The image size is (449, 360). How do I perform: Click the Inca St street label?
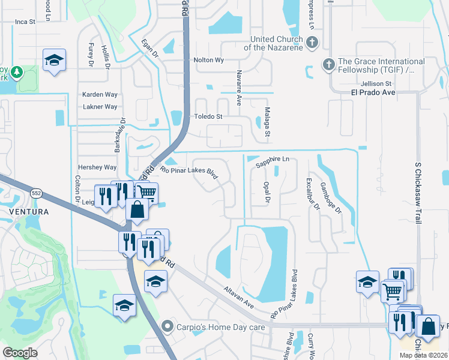pyautogui.click(x=25, y=21)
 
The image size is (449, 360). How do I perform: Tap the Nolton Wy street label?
pyautogui.click(x=209, y=60)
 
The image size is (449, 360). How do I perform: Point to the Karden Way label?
pyautogui.click(x=100, y=95)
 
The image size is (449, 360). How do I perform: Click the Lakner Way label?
pyautogui.click(x=100, y=107)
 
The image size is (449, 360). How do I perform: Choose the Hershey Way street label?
pyautogui.click(x=97, y=167)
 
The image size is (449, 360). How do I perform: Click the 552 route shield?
pyautogui.click(x=36, y=192)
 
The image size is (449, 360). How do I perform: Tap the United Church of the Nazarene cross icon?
pyautogui.click(x=312, y=43)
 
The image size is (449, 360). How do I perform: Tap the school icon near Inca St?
pyautogui.click(x=54, y=60)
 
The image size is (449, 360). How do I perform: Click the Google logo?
pyautogui.click(x=20, y=353)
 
